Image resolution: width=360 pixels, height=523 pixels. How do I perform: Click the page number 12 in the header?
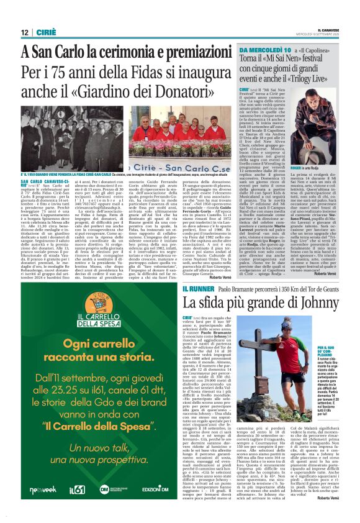tap(24, 32)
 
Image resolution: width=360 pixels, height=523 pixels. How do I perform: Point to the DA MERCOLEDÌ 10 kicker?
tap(266, 49)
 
